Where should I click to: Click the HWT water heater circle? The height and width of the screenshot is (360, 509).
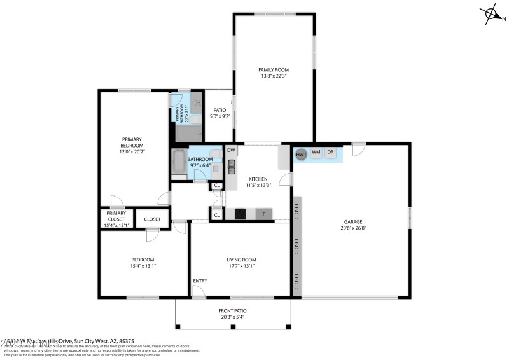coord(301,153)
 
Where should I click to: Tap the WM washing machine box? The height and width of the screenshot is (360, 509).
coord(316,153)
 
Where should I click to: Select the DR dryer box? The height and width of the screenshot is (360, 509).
coord(330,153)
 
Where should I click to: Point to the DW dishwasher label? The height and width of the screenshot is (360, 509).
coord(231,150)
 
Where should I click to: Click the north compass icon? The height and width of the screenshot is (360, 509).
coord(491,13)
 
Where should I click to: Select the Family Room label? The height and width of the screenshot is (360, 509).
coord(274,69)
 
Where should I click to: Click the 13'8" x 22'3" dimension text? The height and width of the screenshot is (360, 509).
coord(274,76)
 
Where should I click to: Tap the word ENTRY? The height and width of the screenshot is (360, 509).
coord(200,280)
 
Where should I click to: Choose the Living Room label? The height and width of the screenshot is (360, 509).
coord(241,260)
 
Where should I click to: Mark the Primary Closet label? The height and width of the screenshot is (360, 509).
coord(116,216)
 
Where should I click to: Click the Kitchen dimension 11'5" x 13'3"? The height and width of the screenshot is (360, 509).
coord(258,186)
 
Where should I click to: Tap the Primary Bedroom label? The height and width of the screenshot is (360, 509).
coord(132,142)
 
